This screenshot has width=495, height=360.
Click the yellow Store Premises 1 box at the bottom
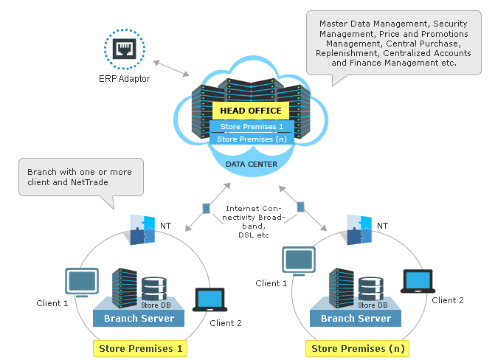click(139, 347)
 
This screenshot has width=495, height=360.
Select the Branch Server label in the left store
click(139, 318)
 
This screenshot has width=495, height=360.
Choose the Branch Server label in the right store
click(356, 318)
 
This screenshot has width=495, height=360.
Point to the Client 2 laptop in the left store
click(209, 300)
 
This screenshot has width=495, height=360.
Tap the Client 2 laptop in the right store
click(418, 282)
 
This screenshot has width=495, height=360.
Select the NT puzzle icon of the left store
click(142, 229)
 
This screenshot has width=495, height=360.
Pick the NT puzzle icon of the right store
click(359, 229)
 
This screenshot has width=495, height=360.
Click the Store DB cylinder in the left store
click(153, 290)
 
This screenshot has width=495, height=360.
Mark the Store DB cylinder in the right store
click(370, 290)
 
